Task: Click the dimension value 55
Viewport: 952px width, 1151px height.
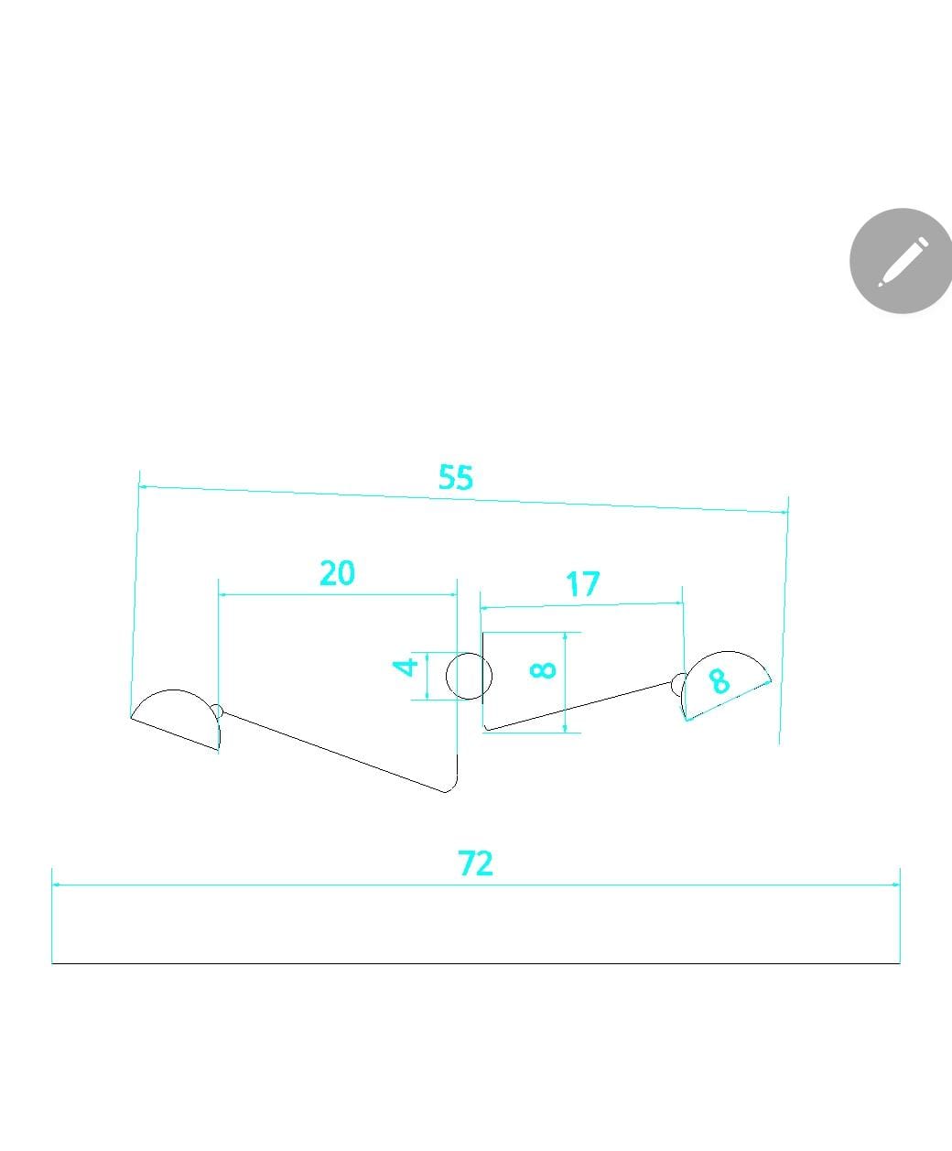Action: pos(455,477)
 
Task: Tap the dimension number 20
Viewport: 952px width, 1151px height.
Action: pos(338,572)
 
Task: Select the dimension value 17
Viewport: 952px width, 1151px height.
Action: pos(583,584)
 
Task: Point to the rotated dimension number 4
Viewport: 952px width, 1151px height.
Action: pos(406,667)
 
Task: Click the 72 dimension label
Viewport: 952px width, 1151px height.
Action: pos(475,863)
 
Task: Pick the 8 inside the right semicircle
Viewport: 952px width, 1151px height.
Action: pos(719,680)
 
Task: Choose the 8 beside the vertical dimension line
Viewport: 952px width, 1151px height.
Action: pos(543,669)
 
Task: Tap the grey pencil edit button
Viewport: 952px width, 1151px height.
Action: pos(901,261)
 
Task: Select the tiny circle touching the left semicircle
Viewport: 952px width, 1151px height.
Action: pos(217,711)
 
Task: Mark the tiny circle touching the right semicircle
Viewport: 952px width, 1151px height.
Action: pos(678,684)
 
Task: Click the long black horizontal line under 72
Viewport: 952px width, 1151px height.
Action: pos(476,963)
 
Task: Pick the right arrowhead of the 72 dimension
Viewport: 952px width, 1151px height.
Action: pos(896,885)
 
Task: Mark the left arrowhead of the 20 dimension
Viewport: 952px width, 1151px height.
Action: pos(222,595)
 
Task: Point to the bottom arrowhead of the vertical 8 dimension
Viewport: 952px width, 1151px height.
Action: pos(565,729)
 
